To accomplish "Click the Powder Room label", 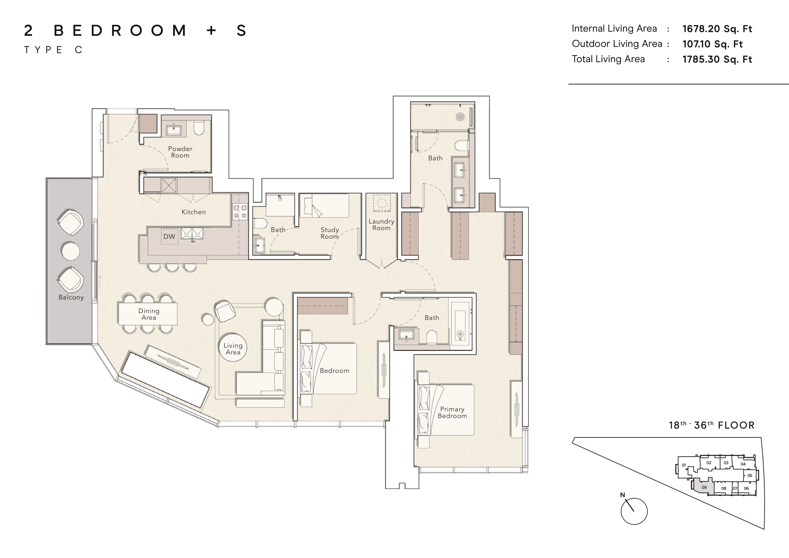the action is [180, 152].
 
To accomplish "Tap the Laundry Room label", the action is [381, 224].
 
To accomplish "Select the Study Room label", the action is [330, 233].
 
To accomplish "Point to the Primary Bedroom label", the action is [452, 412].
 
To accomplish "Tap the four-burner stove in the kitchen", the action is [240, 211].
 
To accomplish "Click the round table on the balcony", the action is [70, 251].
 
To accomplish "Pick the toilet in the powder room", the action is [199, 128].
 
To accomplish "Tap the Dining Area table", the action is [148, 313].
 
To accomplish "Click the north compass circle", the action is [634, 511].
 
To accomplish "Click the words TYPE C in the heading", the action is [53, 50].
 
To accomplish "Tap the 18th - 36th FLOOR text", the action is [711, 425].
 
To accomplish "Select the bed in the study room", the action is [324, 206].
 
